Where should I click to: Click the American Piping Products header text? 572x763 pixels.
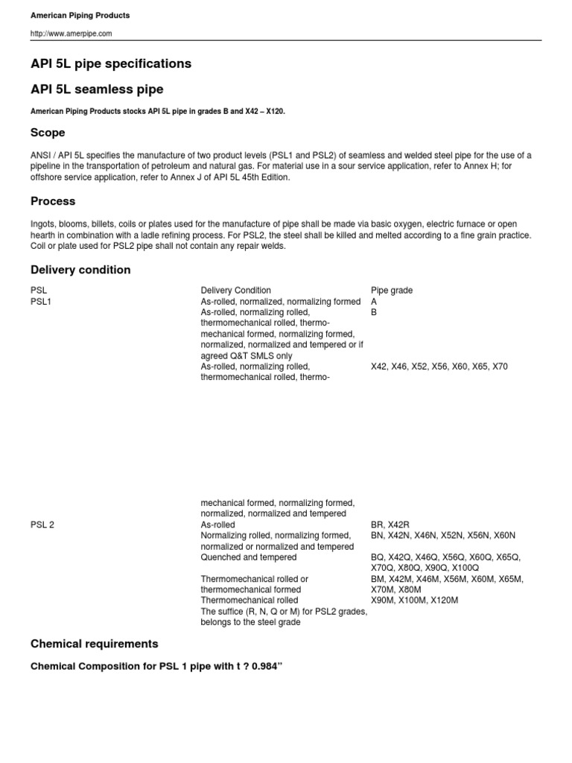[80, 15]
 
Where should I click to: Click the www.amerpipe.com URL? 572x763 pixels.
[71, 34]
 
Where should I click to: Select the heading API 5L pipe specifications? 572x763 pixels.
[111, 64]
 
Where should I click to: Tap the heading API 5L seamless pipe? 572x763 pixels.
[97, 89]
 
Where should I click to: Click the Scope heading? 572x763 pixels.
[48, 133]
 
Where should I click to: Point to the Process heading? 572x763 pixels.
[53, 201]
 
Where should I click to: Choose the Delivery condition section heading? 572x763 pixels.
[80, 270]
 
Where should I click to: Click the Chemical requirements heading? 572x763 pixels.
[95, 643]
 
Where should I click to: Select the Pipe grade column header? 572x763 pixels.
[392, 290]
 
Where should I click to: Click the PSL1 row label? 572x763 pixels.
[41, 301]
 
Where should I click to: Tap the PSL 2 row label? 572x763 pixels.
[42, 525]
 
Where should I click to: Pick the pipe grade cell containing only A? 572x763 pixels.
[375, 301]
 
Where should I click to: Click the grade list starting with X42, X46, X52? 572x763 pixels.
[439, 367]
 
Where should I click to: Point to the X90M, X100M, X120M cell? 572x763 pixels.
[415, 600]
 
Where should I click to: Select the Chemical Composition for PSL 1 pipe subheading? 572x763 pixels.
[156, 665]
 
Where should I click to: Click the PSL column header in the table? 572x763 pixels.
[39, 290]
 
